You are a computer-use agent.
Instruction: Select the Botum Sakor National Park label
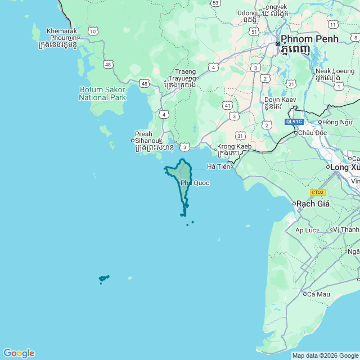[102, 93]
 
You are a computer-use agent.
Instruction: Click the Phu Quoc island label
[195, 183]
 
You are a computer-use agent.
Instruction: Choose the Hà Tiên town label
[218, 166]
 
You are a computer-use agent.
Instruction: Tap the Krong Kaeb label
[234, 149]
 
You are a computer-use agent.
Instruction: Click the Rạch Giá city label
[313, 203]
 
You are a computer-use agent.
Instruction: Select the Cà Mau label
[317, 294]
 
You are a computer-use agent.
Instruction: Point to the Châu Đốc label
[312, 133]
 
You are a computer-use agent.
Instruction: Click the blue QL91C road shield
[294, 121]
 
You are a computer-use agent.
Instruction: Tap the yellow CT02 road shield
[318, 192]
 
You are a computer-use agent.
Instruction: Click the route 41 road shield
[227, 105]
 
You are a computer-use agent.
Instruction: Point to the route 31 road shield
[240, 136]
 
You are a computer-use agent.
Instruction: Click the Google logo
[19, 353]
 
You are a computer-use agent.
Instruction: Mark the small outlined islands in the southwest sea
[103, 278]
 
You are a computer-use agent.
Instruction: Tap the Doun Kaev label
[273, 102]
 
